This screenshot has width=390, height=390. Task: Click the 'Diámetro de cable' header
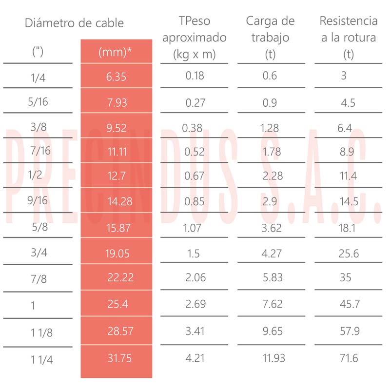coord(74,23)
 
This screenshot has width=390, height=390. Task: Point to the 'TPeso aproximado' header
coord(194,37)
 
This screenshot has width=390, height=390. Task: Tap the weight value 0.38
coord(192,128)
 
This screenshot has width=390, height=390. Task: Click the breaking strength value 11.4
coord(348,176)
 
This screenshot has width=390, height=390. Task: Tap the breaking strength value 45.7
coord(349,304)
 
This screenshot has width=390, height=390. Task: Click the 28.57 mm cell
coord(120,331)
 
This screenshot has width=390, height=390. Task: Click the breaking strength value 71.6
coord(349,358)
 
